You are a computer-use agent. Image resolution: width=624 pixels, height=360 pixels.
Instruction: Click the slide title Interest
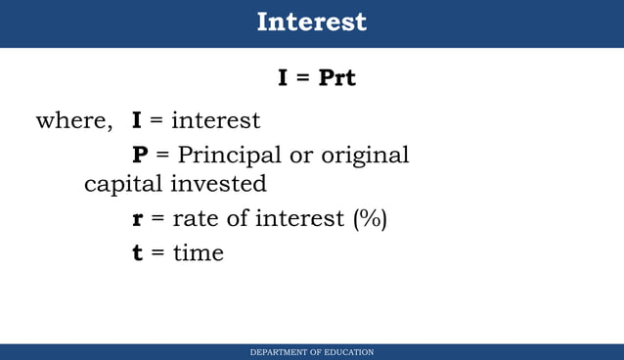pyautogui.click(x=312, y=22)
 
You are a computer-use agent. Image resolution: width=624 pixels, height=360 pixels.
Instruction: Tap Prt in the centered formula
pyautogui.click(x=337, y=77)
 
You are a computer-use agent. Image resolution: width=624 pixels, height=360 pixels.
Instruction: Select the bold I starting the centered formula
pyautogui.click(x=283, y=77)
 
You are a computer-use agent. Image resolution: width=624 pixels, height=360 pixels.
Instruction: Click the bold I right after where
pyautogui.click(x=137, y=120)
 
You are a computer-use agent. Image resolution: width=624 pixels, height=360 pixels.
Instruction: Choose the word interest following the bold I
pyautogui.click(x=215, y=120)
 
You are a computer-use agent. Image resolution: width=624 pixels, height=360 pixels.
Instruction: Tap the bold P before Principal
pyautogui.click(x=140, y=155)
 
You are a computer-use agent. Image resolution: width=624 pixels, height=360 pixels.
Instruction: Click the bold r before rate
pyautogui.click(x=138, y=219)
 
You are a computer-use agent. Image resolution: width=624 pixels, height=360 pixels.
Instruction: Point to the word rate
pyautogui.click(x=194, y=218)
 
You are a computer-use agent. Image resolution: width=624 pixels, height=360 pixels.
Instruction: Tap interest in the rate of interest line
pyautogui.click(x=300, y=218)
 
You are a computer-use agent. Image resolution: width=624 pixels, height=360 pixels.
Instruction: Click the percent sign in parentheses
pyautogui.click(x=370, y=219)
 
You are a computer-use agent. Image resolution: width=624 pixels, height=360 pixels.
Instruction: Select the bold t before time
pyautogui.click(x=138, y=252)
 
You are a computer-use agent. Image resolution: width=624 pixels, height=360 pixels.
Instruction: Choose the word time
pyautogui.click(x=198, y=252)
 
